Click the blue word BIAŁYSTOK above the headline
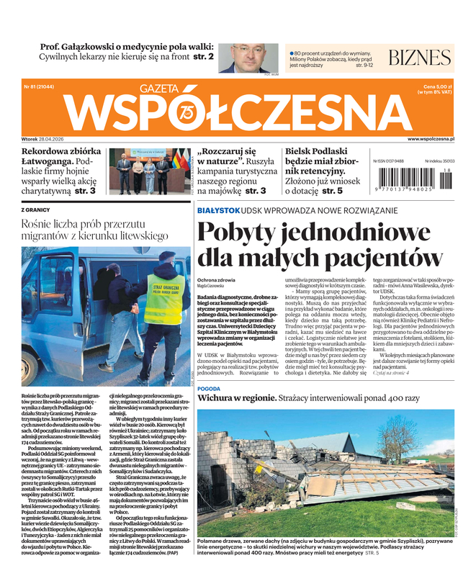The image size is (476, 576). tap(219, 210)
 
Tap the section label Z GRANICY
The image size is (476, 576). tap(37, 210)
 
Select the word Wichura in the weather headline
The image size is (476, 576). tap(222, 397)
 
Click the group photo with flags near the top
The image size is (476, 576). tap(148, 171)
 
